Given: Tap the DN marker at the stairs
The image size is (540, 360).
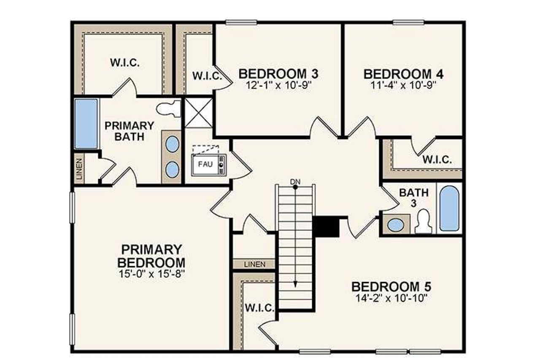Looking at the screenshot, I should (295, 181).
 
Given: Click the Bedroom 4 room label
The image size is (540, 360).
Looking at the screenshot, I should (403, 74).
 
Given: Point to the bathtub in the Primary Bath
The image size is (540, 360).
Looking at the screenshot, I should (86, 123).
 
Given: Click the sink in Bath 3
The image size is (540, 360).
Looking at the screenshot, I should (395, 225).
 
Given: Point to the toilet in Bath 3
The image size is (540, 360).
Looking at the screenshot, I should (423, 222).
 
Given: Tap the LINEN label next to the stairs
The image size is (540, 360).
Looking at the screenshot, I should (254, 265).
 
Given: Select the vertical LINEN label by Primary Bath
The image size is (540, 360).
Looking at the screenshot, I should (80, 168).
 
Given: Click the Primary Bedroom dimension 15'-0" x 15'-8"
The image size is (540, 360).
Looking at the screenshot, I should (152, 273).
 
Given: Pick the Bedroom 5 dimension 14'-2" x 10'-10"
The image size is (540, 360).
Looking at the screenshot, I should (391, 298).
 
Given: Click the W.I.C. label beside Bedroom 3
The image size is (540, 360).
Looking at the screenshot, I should (207, 76).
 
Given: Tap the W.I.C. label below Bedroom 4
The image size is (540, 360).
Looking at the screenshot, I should (437, 160).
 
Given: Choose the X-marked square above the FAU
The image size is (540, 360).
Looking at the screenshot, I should (199, 112).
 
